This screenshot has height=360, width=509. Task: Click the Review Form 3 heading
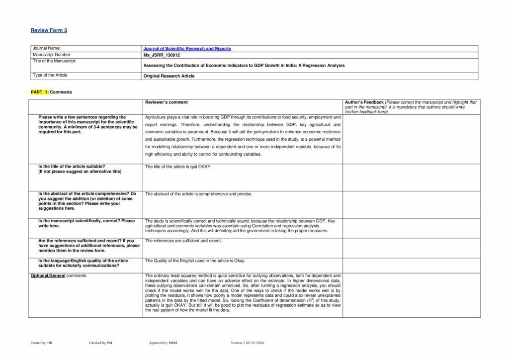pos(49,30)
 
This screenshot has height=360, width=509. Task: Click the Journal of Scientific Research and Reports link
pos(187,49)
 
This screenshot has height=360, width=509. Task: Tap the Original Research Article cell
pos(169,76)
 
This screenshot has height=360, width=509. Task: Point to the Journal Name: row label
pos(47,48)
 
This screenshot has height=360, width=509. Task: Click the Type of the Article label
pos(50,75)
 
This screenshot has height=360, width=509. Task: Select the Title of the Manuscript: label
pos(54,61)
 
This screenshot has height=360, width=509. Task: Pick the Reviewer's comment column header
pos(167,102)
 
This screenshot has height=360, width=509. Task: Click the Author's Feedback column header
pos(364,102)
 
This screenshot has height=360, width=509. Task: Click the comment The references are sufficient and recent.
pos(183,241)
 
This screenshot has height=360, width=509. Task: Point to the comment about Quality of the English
pos(195,261)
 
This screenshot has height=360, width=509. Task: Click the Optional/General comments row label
pos(58,275)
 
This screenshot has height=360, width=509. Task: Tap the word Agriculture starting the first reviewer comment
pos(156,117)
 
